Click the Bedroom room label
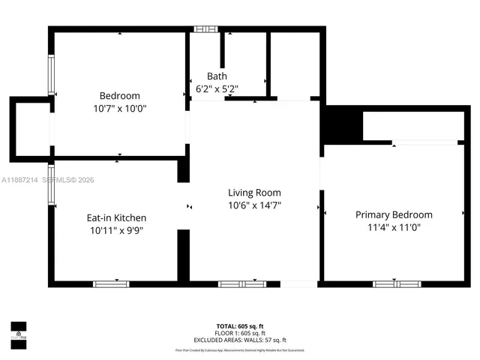[x=120, y=96]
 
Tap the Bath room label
[x=217, y=76]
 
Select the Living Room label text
[x=255, y=193]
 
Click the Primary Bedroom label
[x=394, y=214]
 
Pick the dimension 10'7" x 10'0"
[x=120, y=108]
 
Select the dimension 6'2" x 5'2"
[x=217, y=88]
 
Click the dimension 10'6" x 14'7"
[x=255, y=205]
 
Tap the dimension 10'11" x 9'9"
[x=116, y=230]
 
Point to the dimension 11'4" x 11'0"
[x=394, y=226]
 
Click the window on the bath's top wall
[x=203, y=29]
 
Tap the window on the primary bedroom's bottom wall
[x=397, y=283]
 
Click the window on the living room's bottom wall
[x=241, y=283]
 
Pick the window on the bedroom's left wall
[x=51, y=75]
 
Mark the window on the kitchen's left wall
[x=51, y=185]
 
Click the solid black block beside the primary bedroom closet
[x=337, y=124]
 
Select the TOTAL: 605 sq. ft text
[x=240, y=326]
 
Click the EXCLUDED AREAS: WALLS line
[x=240, y=340]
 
